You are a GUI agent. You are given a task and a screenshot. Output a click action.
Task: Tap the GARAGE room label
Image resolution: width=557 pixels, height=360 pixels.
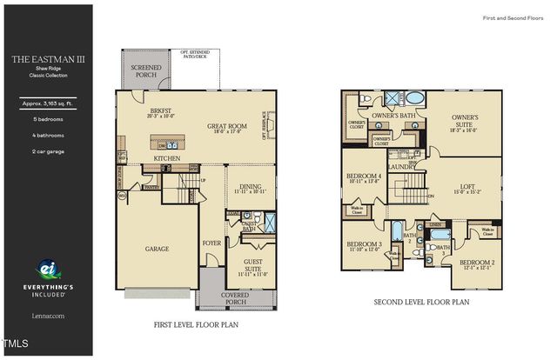point(157,249)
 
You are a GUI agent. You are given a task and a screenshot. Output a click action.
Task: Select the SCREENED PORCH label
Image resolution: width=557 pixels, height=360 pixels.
point(145,70)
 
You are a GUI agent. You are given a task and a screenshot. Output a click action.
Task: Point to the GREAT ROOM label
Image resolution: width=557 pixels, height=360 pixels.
point(227,127)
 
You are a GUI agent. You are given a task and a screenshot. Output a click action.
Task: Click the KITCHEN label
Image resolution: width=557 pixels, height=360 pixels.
point(167,158)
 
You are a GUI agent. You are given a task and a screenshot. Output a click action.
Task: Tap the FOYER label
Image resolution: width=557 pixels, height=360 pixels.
point(211,243)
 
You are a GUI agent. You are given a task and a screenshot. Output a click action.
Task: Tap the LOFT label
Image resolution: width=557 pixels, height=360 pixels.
point(466,184)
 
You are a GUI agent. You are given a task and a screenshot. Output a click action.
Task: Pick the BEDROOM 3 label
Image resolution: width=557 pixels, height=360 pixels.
point(363,244)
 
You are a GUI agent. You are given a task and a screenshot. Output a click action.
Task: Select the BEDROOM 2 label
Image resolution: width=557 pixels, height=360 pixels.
point(476,262)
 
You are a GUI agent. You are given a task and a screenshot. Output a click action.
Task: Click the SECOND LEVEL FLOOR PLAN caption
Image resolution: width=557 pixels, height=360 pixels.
point(421,303)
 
